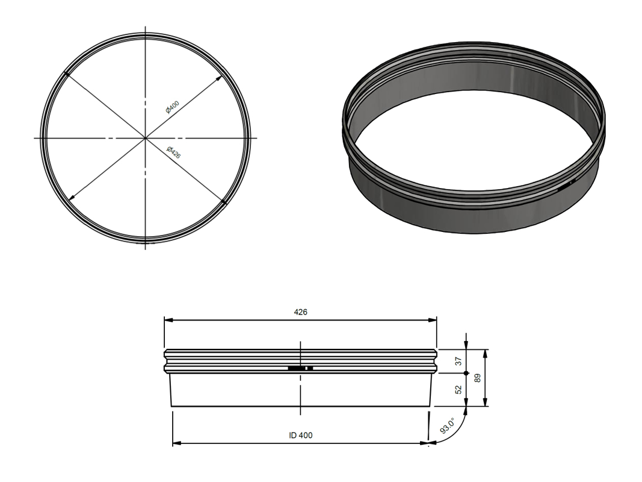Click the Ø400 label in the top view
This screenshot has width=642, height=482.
pos(173,107)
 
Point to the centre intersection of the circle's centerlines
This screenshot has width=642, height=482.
pos(145,138)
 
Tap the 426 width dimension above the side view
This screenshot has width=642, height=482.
pos(300,312)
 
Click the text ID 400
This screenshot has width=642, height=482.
pos(300,435)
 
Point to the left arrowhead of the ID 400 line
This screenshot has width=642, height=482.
pos(176,443)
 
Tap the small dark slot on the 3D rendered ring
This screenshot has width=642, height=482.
pos(566,187)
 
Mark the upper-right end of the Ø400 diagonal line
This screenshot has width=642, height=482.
pos(219,77)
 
